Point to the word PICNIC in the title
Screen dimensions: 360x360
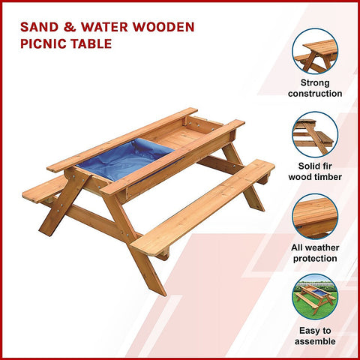click(x=46, y=43)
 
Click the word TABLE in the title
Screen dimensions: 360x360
click(x=94, y=43)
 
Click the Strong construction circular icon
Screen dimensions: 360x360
click(x=315, y=50)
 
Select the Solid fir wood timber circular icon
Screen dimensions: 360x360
click(x=315, y=133)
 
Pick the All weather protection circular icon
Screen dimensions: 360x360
click(x=315, y=216)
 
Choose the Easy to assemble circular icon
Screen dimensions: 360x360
click(x=315, y=297)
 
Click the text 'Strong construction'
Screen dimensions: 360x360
click(x=315, y=88)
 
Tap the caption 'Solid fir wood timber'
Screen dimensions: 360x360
click(x=315, y=171)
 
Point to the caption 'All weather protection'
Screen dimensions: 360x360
click(x=315, y=253)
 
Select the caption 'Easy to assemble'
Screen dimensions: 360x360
click(x=315, y=335)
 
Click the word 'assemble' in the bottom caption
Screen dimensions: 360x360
click(x=315, y=340)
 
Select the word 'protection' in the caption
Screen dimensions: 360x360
click(x=315, y=259)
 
